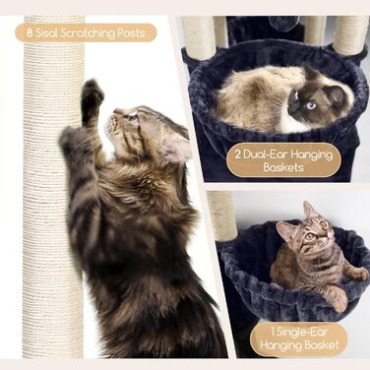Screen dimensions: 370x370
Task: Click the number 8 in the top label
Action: (30, 33)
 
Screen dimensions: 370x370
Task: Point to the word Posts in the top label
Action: (131, 33)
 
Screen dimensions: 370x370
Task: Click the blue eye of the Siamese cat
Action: (310, 105)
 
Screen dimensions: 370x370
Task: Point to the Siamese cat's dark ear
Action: (335, 94)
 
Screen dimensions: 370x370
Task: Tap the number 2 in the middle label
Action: (238, 154)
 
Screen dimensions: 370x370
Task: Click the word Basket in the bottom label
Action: (322, 345)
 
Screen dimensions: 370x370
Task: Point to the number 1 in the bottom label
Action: (273, 332)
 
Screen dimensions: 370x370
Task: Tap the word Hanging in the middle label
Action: (312, 155)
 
